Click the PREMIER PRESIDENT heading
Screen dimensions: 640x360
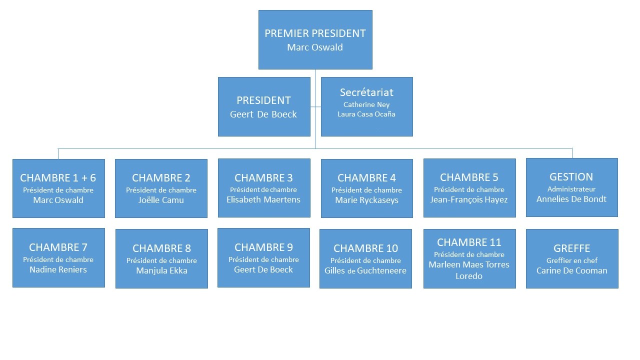[x=315, y=33]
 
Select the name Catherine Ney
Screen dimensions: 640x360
[x=366, y=105]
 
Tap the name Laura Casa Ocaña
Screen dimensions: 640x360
[x=366, y=114]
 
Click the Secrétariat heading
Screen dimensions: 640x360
[x=366, y=92]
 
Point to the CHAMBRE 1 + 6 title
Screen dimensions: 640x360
[x=58, y=177]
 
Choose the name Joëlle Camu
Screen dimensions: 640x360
[x=161, y=200]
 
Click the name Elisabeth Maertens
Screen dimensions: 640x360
[x=263, y=199]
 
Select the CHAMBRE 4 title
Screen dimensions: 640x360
[x=366, y=177]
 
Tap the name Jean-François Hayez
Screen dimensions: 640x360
[x=469, y=199]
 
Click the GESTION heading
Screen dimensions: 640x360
[x=571, y=177]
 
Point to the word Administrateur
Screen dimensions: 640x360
[x=571, y=189]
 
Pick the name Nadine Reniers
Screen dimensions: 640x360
[x=58, y=269]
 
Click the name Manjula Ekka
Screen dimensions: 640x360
[x=161, y=270]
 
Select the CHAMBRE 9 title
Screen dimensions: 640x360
[x=263, y=247]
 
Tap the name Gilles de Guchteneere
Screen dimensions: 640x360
[x=365, y=270]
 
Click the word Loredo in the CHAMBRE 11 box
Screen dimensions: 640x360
[x=469, y=276]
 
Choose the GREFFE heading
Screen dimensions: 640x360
[x=571, y=248]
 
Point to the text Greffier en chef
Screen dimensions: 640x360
[x=572, y=260]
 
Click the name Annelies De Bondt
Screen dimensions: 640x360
[x=571, y=199]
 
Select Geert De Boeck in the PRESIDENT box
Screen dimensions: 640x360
[x=263, y=114]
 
